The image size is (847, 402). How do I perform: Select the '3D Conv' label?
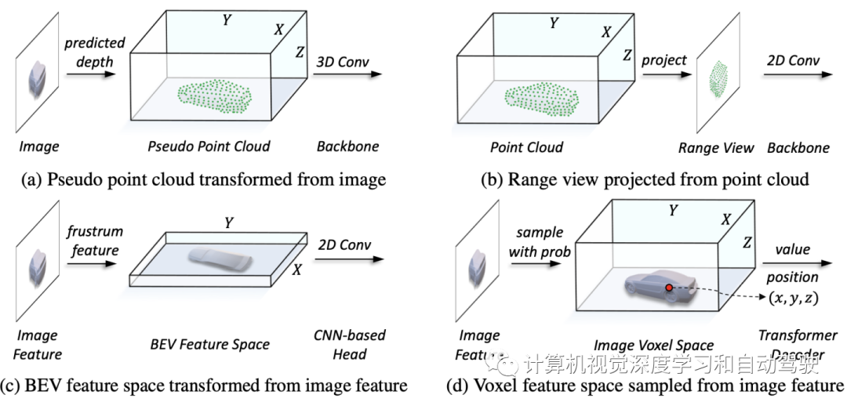[x=343, y=61]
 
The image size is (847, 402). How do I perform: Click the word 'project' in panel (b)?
[x=663, y=60]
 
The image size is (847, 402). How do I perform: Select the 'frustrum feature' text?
[x=92, y=241]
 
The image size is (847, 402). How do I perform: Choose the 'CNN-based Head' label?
[x=350, y=345]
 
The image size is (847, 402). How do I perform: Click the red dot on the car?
[x=669, y=288]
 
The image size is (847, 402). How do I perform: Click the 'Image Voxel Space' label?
[x=653, y=346]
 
